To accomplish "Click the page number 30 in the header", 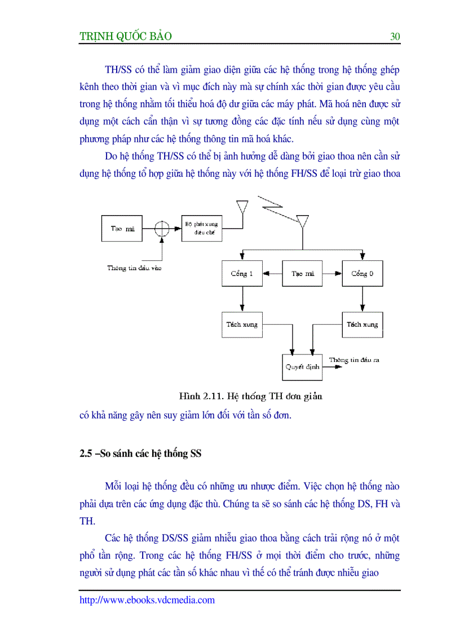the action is tap(395, 37).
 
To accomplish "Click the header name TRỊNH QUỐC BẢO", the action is tap(126, 37).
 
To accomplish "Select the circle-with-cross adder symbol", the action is tap(162, 229).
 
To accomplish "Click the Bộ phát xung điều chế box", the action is tap(202, 228).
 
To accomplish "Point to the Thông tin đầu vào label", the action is tap(134, 268).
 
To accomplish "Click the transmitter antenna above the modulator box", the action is tap(243, 206).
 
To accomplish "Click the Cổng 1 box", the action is tap(242, 274).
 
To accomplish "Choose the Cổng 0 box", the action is tap(362, 274).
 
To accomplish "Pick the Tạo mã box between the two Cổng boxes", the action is tap(302, 274).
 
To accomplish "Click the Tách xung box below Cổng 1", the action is tap(242, 325).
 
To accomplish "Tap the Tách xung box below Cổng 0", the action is tap(362, 325).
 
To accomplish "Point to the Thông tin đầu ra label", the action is tap(354, 360).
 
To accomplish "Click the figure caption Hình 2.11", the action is tap(250, 396).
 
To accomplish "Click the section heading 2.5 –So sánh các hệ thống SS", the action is tap(141, 453).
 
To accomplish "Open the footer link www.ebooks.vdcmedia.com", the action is tap(147, 600).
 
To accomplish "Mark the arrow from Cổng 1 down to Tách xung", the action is tap(242, 299).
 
